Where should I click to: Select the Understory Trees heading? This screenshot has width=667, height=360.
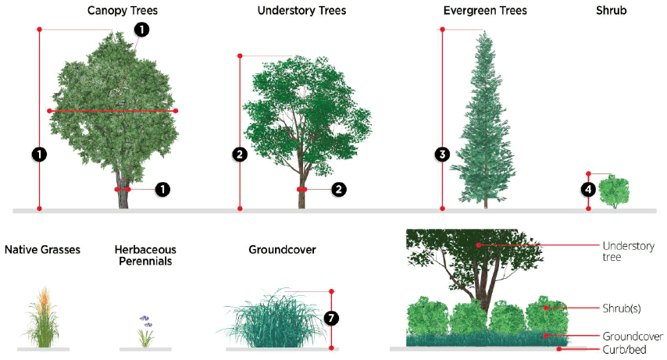pos(301,11)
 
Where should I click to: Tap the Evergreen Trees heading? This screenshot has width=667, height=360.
pos(484,11)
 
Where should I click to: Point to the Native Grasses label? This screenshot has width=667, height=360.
pos(42,250)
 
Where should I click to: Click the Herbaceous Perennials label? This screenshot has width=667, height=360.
pos(145,255)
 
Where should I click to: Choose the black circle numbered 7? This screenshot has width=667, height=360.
pos(331,318)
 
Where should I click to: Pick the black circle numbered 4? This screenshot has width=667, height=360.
pos(588,189)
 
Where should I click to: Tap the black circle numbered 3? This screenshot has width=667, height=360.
pos(442,155)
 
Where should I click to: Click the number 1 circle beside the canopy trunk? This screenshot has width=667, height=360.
pos(162,189)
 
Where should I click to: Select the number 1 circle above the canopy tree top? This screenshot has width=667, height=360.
pos(141,30)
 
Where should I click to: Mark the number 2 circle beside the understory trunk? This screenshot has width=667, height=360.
pos(338,189)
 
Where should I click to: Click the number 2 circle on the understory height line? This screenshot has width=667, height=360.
pos(240,155)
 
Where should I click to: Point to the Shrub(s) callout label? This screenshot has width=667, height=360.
pos(622,308)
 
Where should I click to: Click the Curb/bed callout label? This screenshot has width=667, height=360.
pos(625,349)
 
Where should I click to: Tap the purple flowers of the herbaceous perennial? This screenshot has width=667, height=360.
pos(144,320)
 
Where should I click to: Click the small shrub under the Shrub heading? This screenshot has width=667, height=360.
pos(614,191)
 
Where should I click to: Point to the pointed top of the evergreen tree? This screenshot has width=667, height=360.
pos(485,33)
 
